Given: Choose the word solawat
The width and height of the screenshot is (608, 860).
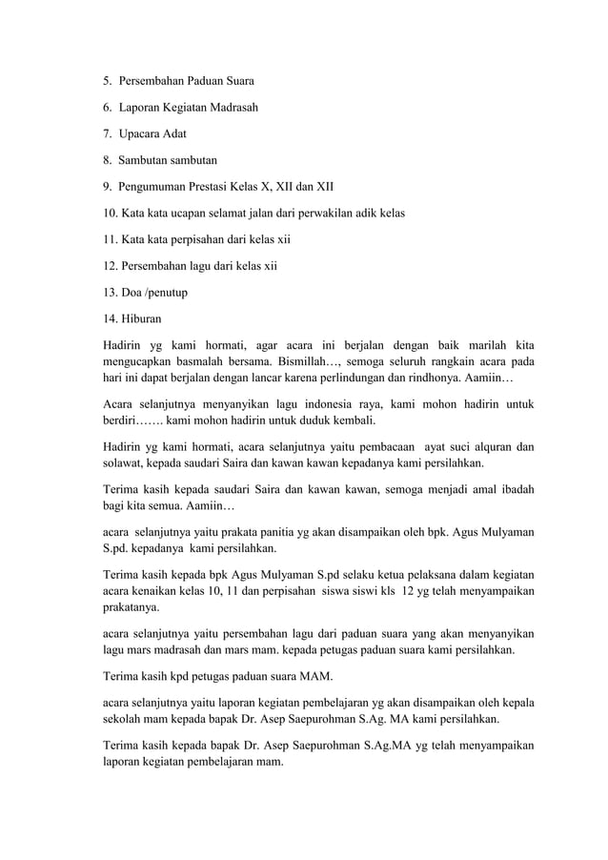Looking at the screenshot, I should click(x=125, y=463).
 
